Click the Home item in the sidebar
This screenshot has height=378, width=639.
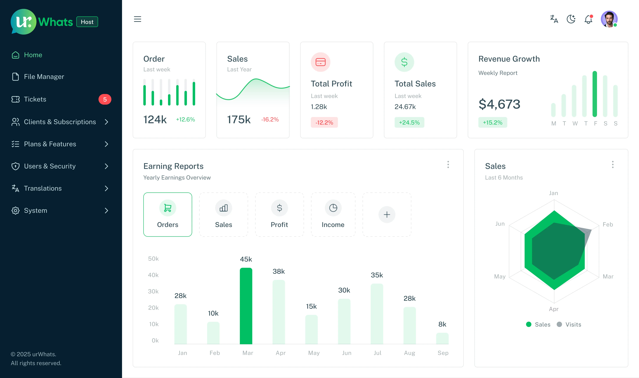click(33, 55)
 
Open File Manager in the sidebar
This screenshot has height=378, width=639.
click(44, 77)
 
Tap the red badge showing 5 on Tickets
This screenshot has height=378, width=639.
click(105, 99)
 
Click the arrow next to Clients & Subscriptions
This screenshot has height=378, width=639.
click(106, 122)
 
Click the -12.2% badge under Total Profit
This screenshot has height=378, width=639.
click(324, 123)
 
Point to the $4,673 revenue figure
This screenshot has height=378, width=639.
click(499, 104)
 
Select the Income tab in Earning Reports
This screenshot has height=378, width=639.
click(333, 214)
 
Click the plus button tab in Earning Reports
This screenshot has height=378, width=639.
click(387, 214)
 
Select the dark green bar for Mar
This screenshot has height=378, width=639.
click(246, 306)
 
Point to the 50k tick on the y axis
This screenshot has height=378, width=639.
click(153, 259)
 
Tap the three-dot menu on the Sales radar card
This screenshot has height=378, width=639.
click(613, 165)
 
